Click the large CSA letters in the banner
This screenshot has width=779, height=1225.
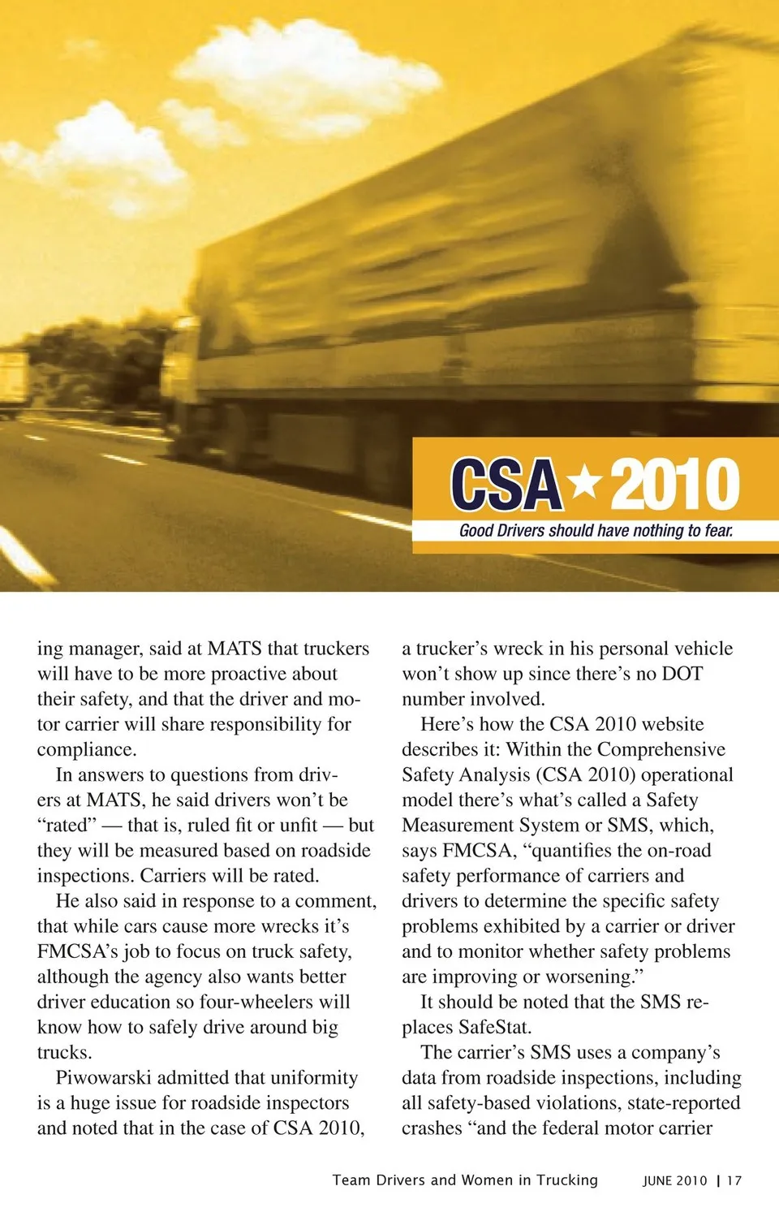coord(506,485)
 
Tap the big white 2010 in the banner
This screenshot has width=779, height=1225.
coord(674,485)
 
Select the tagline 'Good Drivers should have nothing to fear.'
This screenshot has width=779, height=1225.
coord(596,531)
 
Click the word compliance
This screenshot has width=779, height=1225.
coord(86,750)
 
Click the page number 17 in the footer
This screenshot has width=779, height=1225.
coord(734,1181)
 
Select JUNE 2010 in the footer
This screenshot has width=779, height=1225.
coord(674,1181)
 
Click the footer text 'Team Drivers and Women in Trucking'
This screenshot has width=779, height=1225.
coord(465,1180)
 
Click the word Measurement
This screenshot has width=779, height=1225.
coord(463,826)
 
